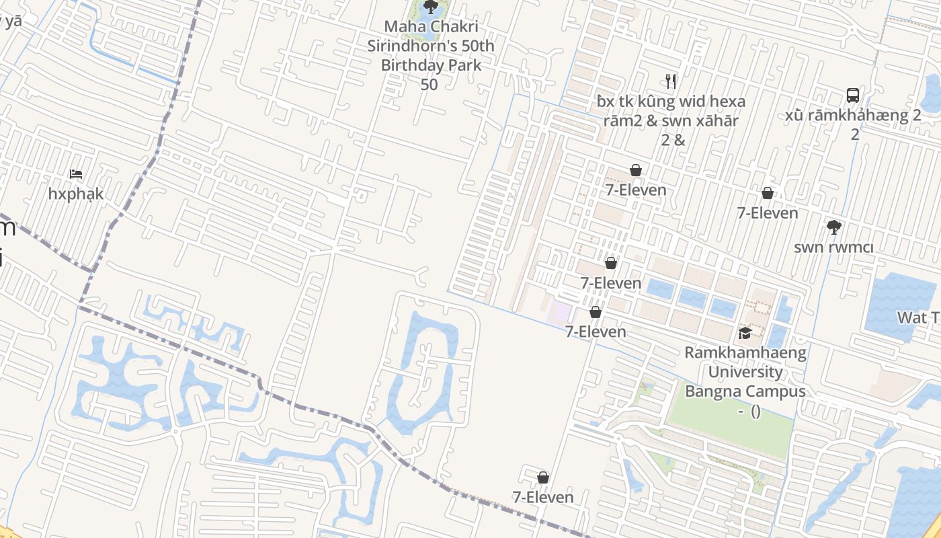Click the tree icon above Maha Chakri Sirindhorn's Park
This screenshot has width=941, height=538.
(x=431, y=7)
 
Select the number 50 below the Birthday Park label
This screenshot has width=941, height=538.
(x=429, y=85)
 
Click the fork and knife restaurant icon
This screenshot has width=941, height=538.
(x=670, y=81)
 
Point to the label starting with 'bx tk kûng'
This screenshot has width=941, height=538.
(x=671, y=102)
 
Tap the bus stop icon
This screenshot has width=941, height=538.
(x=853, y=95)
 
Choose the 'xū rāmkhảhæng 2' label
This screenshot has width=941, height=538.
(x=853, y=115)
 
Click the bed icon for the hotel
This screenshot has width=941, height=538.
(x=76, y=174)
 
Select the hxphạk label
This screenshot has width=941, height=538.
(x=76, y=194)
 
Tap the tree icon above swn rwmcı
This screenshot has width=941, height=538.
(x=834, y=227)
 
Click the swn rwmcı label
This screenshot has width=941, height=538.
(x=833, y=247)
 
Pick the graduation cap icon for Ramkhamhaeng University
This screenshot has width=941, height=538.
(x=745, y=334)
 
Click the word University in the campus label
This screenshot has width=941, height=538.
(x=745, y=372)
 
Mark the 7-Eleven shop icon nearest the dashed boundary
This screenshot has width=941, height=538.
(x=543, y=478)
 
